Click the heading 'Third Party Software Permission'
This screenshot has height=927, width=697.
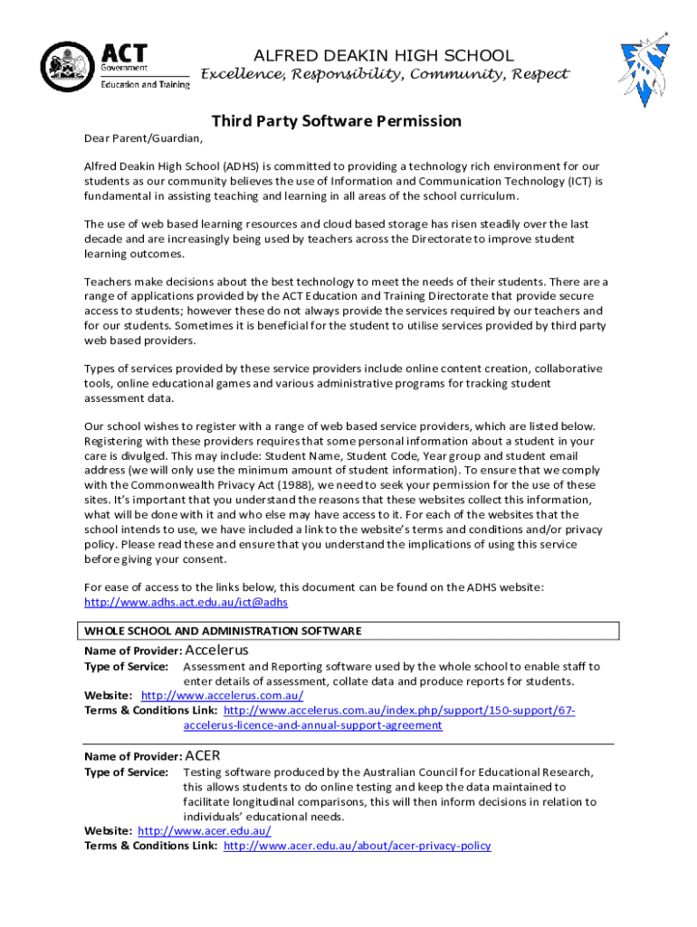pos(337,121)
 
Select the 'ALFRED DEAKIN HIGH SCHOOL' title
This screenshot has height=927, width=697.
pos(384,55)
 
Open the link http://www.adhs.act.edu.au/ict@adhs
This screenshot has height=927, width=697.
pos(186,602)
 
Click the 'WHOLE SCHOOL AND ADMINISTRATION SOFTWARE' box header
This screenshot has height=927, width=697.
pos(223,631)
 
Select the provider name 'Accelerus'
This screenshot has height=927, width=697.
pos(216,650)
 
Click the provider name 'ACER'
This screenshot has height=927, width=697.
pos(203,755)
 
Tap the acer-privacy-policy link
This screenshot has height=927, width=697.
pos(357,846)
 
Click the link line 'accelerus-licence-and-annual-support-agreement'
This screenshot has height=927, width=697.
pos(312,725)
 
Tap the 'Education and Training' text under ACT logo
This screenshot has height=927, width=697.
pos(145,84)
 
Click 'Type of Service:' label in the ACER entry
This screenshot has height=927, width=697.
pos(126,772)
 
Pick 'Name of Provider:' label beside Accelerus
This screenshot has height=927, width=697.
pos(133,651)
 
